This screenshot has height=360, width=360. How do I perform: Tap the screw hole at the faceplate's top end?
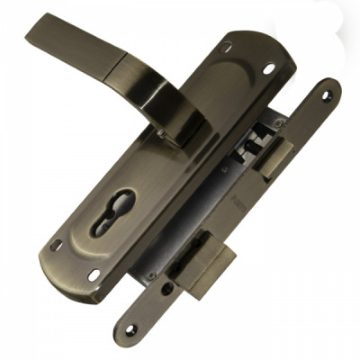[x=326, y=94]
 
